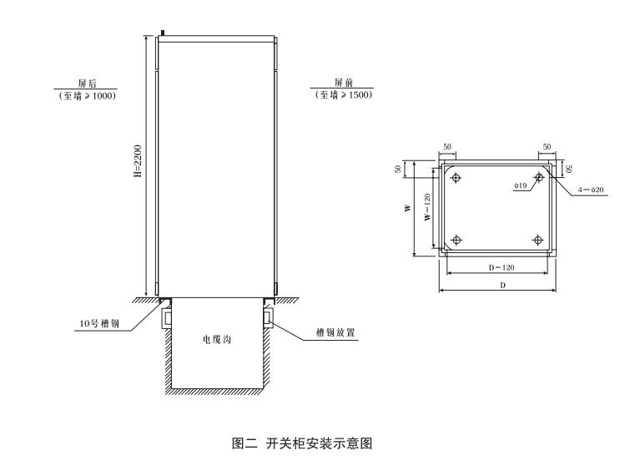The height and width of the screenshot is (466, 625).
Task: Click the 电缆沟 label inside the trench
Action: click(217, 341)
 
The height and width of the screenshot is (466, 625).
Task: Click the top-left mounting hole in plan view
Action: click(456, 177)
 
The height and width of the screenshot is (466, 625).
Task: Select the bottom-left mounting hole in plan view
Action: click(456, 241)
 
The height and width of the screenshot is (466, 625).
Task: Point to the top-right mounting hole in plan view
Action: click(539, 177)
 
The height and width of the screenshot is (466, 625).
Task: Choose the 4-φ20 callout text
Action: click(591, 190)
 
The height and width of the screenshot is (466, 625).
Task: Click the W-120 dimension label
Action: click(426, 208)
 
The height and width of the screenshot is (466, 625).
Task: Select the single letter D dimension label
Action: click(502, 285)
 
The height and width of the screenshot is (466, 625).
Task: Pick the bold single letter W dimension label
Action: click(408, 208)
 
